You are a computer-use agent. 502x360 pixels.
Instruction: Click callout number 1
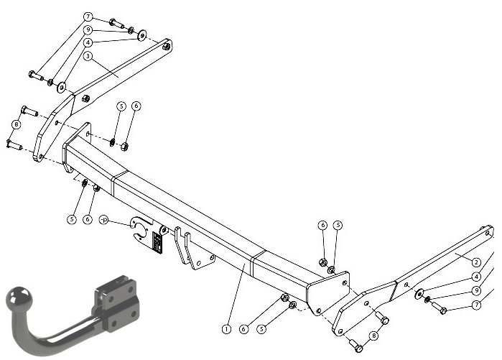click(x=226, y=329)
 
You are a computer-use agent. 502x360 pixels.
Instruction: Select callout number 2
click(x=476, y=262)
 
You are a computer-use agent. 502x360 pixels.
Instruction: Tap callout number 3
click(x=88, y=56)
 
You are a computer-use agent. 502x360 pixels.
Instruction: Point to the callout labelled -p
click(x=104, y=220)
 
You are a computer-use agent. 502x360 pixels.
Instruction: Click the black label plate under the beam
click(x=157, y=242)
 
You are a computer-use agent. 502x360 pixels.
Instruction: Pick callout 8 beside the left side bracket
click(x=16, y=124)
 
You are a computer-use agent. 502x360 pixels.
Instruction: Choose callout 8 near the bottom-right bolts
click(x=373, y=336)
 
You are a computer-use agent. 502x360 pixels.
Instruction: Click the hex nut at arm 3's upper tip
click(x=166, y=47)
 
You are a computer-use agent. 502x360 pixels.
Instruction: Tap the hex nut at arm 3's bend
click(x=85, y=98)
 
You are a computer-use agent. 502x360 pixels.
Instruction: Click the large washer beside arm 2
click(x=419, y=294)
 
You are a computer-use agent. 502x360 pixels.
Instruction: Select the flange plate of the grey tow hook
click(x=118, y=303)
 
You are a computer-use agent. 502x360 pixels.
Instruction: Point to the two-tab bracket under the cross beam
click(x=194, y=248)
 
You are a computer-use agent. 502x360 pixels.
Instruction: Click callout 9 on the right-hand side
click(x=476, y=290)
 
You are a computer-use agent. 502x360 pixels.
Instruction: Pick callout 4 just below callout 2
click(x=476, y=277)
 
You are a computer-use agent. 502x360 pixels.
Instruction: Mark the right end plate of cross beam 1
click(x=328, y=292)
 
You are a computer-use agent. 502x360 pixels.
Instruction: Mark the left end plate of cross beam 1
click(x=77, y=147)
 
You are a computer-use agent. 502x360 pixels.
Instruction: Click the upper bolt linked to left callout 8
click(x=29, y=111)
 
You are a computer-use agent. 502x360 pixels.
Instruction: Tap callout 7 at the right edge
click(x=476, y=304)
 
